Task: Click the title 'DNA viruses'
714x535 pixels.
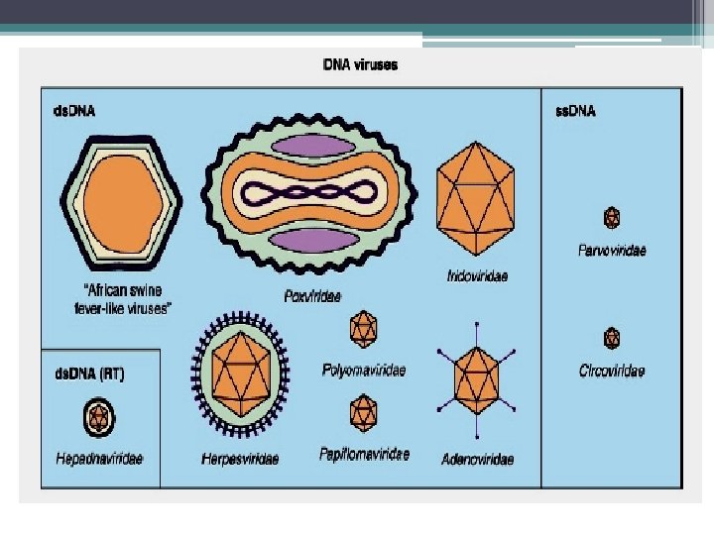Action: (361, 66)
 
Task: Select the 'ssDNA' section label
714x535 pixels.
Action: (573, 110)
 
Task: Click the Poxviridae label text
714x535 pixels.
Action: (311, 295)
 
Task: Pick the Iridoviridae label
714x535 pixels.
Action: (476, 275)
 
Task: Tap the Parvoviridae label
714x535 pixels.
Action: (612, 251)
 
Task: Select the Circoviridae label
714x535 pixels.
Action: (612, 372)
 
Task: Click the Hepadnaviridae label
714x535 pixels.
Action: (98, 458)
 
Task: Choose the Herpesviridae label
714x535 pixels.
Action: (240, 459)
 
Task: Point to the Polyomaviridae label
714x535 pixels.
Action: (364, 370)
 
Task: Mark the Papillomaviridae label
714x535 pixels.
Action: (364, 454)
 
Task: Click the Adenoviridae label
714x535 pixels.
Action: (478, 459)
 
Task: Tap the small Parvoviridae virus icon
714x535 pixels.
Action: (612, 217)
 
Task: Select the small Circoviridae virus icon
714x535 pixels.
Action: (612, 338)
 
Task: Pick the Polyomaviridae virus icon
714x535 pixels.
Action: (364, 327)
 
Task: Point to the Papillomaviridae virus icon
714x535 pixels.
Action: (364, 410)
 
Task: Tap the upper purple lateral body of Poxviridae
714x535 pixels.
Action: (311, 147)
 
